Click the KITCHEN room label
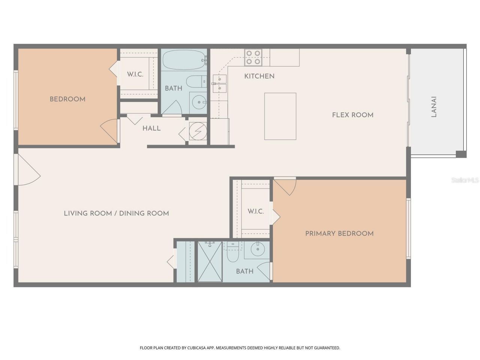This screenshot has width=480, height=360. coord(259,76)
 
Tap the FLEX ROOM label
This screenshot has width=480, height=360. coord(352,115)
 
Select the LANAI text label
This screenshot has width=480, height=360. coord(434,107)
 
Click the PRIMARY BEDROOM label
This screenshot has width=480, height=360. coord(339,234)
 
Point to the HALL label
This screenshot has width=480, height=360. coord(151,128)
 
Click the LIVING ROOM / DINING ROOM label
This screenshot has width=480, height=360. coord(116,213)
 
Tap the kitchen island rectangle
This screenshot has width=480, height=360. coord(280,116)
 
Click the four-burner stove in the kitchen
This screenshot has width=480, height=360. coord(253,57)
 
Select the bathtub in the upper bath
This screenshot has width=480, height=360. coord(184,60)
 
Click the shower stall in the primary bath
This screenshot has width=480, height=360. coord(210,261)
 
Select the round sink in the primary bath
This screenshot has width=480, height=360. coord(258,249)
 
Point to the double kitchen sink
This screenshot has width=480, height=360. coord(219,83)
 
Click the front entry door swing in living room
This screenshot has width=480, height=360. coord(27,171)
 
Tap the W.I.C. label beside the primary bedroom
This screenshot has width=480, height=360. coord(256,211)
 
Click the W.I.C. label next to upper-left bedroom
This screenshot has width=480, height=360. coord(135,74)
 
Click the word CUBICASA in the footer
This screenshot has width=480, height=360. coord(198,348)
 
